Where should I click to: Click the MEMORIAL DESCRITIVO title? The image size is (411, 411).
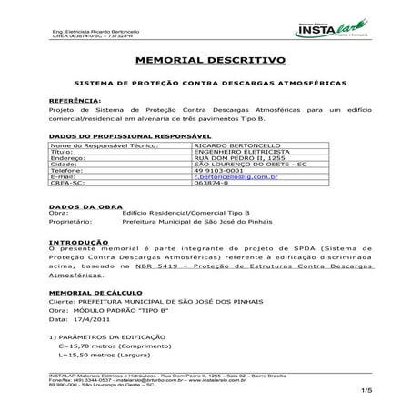point(210,60)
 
